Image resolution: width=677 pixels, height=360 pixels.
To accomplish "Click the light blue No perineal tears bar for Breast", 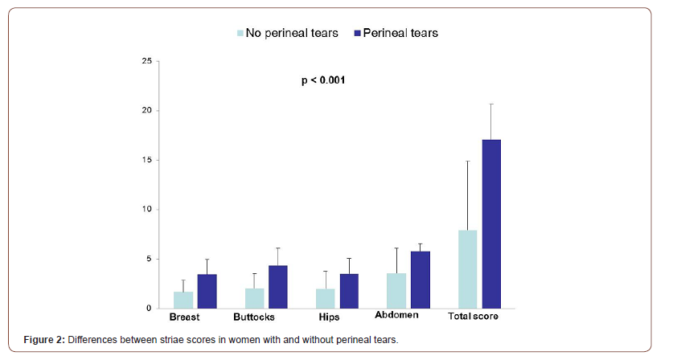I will (x=183, y=300).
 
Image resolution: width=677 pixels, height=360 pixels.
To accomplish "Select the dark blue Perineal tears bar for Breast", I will (x=207, y=291).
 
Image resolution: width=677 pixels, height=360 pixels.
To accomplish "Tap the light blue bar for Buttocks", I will (x=254, y=298).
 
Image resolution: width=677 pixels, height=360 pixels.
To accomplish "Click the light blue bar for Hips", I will (x=325, y=298).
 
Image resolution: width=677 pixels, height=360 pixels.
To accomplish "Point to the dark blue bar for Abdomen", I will (x=420, y=280).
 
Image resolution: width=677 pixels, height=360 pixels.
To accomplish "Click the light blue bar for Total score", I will (x=467, y=269).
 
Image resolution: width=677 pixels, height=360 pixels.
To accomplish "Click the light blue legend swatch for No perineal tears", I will (x=240, y=33).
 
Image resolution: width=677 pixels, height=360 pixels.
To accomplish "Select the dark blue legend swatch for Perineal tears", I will (x=355, y=33).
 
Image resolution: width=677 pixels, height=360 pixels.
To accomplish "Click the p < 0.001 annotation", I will (x=323, y=80).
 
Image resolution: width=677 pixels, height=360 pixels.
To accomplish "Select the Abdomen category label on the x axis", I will (x=396, y=316).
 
